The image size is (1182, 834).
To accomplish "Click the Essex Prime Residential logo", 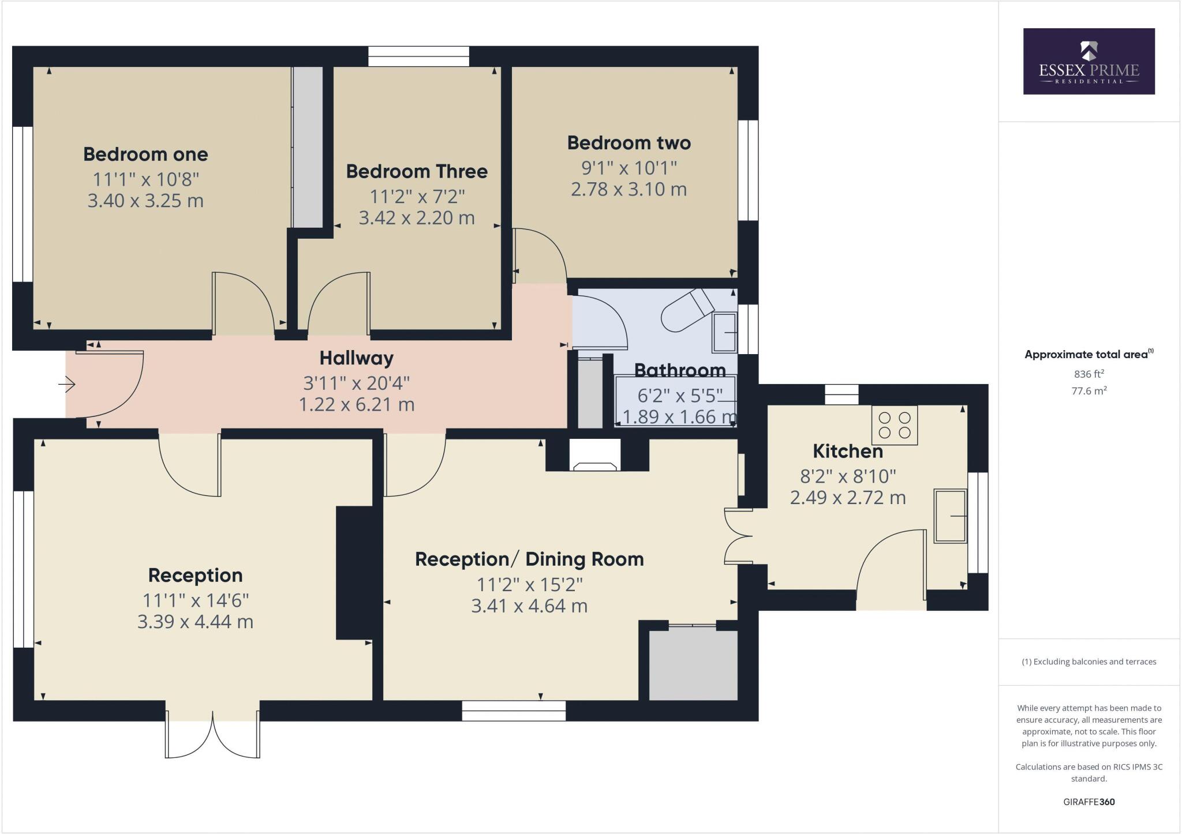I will pos(1089,61).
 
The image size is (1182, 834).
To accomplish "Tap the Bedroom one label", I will pos(145,155).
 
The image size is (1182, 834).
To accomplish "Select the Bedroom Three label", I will pos(417,171).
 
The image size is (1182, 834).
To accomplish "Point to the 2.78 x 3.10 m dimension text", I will pos(629,189).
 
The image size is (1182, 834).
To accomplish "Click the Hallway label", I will pos(357,358).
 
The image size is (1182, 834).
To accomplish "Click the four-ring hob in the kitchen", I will pos(894,425).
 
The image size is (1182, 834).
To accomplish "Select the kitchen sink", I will pos(950,516).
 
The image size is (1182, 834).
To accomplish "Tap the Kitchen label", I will pos(847,451).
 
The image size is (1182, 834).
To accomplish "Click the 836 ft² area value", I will pos(1089,374).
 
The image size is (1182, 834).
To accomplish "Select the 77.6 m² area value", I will pos(1089,391).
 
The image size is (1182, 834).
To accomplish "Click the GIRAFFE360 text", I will pos(1089,802).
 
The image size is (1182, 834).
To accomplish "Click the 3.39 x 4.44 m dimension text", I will pos(195,622).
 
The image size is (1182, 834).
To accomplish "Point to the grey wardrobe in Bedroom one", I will pos(308,147).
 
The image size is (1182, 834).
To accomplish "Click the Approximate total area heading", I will pos(1089,355).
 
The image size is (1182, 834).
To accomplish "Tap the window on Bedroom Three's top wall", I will pos(418,57).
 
